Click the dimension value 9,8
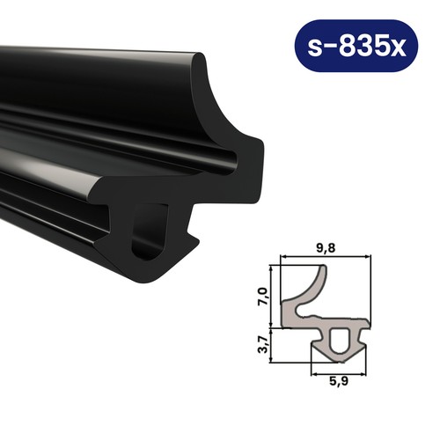pos(326,248)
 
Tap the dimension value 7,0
pos(262,297)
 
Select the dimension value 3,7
pos(263,344)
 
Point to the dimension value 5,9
pos(339,381)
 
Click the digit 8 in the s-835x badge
pos(348,46)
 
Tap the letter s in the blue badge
pos(315,48)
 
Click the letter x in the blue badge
pos(399,48)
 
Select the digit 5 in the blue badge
pos(380,46)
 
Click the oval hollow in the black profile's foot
pos(150,232)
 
